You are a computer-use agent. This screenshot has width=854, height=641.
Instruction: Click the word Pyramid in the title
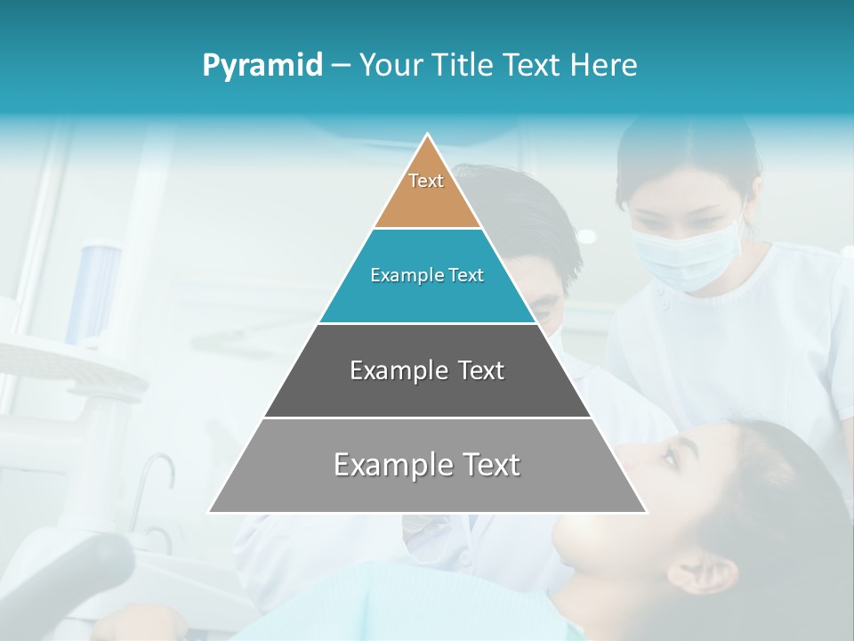pyautogui.click(x=262, y=66)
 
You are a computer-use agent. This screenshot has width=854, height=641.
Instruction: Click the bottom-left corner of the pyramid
pyautogui.click(x=210, y=512)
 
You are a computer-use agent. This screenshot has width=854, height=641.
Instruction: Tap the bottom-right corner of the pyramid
pyautogui.click(x=646, y=512)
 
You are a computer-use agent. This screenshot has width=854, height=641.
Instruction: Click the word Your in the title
pyautogui.click(x=390, y=65)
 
